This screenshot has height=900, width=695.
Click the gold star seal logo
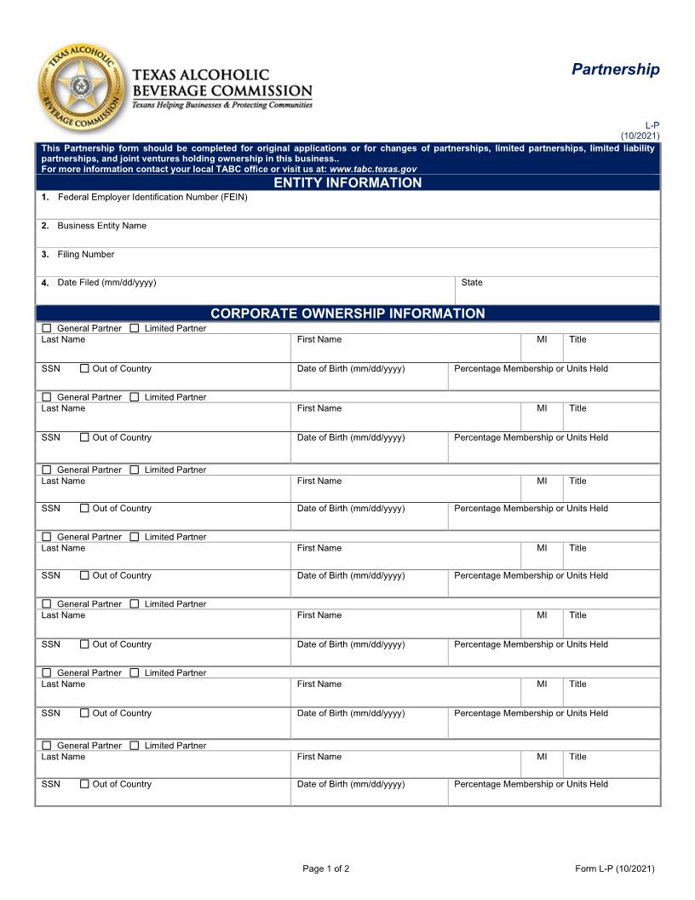[x=81, y=88]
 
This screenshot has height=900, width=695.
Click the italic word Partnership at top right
[x=615, y=69]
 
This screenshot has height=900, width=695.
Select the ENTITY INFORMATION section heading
[x=347, y=182]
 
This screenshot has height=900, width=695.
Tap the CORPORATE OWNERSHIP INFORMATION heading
[x=347, y=313]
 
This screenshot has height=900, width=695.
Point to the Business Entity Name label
[x=101, y=226]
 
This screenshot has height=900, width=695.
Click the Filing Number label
[x=85, y=254]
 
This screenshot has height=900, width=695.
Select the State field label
[x=472, y=282]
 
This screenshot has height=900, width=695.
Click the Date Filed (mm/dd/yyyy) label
[x=106, y=282]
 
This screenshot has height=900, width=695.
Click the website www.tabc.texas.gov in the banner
[x=372, y=169]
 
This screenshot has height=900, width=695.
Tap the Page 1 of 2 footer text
[x=325, y=868]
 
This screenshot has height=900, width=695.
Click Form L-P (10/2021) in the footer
[x=614, y=868]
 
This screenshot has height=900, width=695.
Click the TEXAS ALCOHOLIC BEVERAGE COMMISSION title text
[x=222, y=83]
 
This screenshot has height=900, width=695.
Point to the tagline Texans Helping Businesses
[x=221, y=105]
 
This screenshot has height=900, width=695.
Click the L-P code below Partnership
[x=652, y=125]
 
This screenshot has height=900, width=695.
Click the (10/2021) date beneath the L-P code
[x=640, y=136]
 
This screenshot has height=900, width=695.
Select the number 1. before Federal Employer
[x=44, y=197]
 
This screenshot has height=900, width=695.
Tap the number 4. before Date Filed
[x=44, y=283]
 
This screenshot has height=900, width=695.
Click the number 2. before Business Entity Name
[x=44, y=226]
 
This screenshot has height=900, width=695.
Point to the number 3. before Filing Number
[x=44, y=254]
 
